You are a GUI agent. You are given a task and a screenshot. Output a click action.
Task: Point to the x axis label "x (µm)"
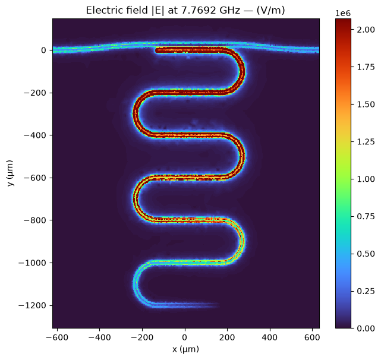coord(185,349)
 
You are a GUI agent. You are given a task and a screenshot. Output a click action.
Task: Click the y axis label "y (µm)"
coord(10,173)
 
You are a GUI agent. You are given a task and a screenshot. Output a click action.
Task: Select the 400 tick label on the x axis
coord(270,337)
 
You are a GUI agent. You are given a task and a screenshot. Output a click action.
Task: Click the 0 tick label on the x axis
coord(185,337)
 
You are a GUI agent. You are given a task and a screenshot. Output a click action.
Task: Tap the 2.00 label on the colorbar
coord(366,30)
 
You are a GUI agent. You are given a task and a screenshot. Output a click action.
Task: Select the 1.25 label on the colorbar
coord(366,141)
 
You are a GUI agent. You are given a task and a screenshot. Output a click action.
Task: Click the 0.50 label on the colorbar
coord(366,254)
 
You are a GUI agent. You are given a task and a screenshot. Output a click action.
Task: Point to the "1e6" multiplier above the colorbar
coord(343,14)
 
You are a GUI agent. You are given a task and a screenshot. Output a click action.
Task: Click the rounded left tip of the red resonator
coord(156,50)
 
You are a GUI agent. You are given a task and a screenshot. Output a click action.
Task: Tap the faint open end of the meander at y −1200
coord(218,305)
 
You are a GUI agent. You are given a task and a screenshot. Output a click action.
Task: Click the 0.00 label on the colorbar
coord(366,329)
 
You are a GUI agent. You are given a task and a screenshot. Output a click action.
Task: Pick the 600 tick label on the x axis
coord(312,337)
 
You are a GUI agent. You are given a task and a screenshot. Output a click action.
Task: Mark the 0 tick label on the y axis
coord(43,50)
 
